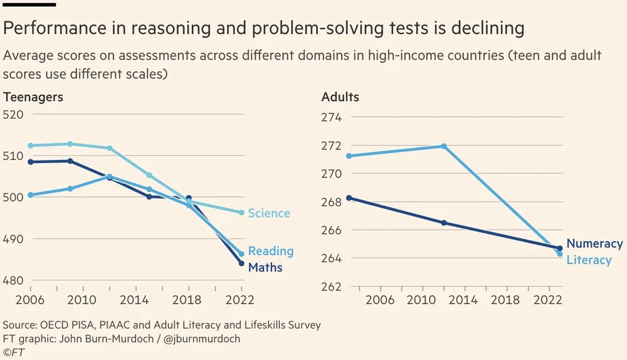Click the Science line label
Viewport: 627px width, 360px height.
[x=269, y=213]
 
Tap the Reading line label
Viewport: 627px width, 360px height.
[x=271, y=251]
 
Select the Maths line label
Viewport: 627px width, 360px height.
[x=265, y=268]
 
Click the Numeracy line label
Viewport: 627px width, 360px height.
[x=594, y=244]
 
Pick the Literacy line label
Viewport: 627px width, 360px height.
[x=589, y=260]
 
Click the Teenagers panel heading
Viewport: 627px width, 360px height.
[x=33, y=97]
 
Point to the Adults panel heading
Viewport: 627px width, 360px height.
[x=340, y=97]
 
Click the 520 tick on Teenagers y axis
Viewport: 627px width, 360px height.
[x=13, y=114]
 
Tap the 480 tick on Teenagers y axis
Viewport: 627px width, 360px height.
[x=13, y=280]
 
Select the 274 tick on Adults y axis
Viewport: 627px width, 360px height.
[x=331, y=118]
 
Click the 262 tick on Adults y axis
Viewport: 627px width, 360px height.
[x=331, y=287]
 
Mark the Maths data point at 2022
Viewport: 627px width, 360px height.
[x=241, y=263]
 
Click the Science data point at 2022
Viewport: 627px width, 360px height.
[x=241, y=213]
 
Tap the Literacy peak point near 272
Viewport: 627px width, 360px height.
[x=444, y=146]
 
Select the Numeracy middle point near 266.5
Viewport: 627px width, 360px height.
[x=444, y=223]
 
